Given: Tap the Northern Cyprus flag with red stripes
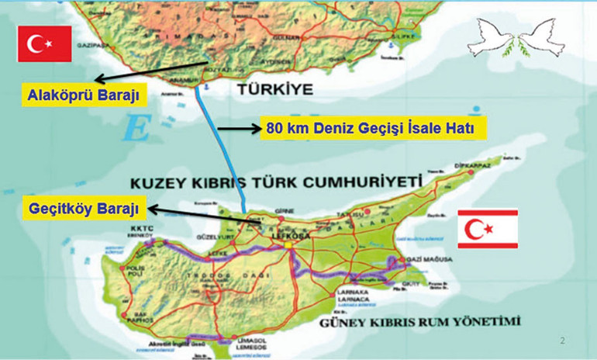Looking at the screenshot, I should point(488,229).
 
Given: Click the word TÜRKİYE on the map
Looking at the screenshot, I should point(279,90).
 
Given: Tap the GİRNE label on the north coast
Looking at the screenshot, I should point(288,211).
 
